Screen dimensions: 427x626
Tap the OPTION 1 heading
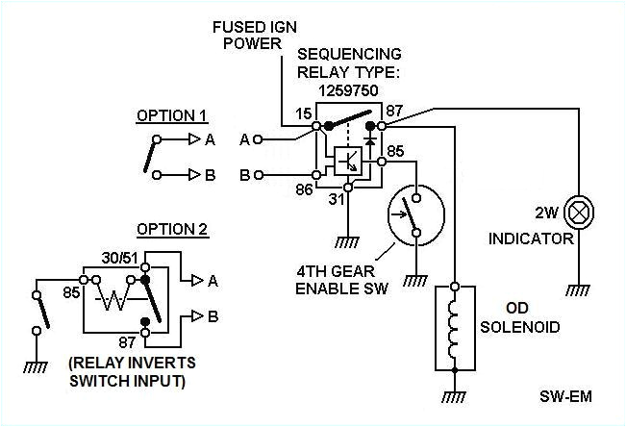coord(171,115)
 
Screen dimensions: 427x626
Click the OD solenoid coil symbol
coord(455,328)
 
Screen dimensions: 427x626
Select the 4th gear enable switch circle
coord(413,213)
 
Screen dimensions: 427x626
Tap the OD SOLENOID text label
coord(525,318)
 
